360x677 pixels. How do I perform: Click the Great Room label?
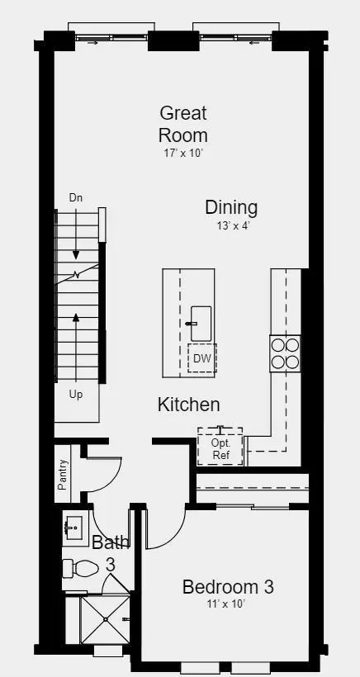[x=183, y=124]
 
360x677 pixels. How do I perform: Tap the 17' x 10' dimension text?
[x=183, y=154]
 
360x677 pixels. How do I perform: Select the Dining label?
[x=231, y=207]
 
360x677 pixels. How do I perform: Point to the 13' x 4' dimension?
[x=234, y=225]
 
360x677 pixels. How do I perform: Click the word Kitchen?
[x=188, y=405]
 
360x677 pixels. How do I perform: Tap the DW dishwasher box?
[x=202, y=358]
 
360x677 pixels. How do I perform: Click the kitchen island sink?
[x=201, y=324]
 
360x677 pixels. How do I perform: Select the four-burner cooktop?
[x=286, y=353]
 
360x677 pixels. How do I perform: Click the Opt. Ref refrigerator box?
[x=220, y=447]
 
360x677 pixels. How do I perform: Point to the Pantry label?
[x=63, y=475]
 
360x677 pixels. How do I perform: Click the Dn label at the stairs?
[x=75, y=198]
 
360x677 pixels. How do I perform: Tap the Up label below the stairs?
[x=75, y=395]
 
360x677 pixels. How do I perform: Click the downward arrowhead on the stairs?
[x=76, y=255]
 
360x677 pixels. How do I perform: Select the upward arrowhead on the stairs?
[x=76, y=318]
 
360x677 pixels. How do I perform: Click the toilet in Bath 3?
[x=80, y=568]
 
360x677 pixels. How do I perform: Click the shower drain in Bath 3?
[x=106, y=619]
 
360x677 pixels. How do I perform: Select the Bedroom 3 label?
[x=228, y=587]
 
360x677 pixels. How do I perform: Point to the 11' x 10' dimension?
[x=225, y=604]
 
